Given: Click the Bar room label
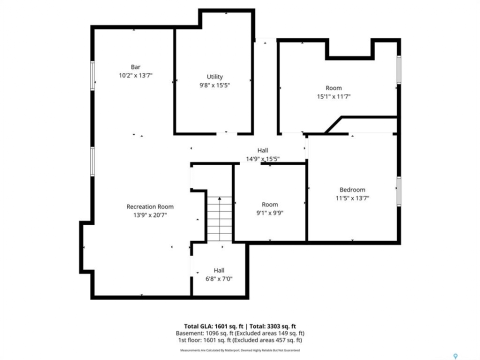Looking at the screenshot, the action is coord(135,67).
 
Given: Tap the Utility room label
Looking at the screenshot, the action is coord(214,77).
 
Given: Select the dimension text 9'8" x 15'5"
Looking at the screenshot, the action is coord(214,85).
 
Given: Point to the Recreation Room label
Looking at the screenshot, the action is coord(150,206).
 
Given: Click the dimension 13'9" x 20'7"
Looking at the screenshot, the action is coord(150,215).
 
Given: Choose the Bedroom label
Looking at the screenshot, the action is coord(352,190).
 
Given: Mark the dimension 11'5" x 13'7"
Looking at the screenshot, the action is coord(352,198).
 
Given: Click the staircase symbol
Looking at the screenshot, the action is coord(219,218).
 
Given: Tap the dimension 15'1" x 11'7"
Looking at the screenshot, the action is coord(333,96).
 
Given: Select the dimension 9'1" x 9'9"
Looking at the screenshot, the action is coord(269,213).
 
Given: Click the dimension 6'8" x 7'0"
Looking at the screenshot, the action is coord(219,279).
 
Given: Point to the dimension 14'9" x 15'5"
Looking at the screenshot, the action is coord(262,159).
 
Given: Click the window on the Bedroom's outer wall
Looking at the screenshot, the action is coord(399,191).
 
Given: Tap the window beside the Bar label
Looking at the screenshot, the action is coord(92,75).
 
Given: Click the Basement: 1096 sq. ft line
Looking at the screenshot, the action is coord(240,333).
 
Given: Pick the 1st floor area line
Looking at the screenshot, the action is coord(240,340).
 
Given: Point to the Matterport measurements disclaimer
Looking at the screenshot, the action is coord(240,350).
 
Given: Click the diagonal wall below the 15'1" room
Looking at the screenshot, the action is coord(333,125).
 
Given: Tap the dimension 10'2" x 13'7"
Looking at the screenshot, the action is coord(135,75).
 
